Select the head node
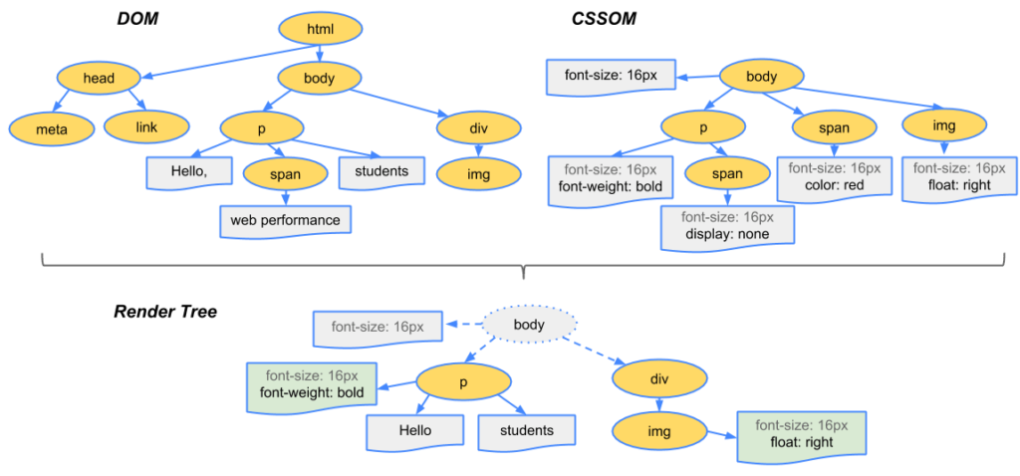[x=99, y=78]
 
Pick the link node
[x=146, y=126]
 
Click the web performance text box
[x=285, y=219]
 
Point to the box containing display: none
[x=726, y=226]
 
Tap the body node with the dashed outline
[x=529, y=325]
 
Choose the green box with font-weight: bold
[x=313, y=384]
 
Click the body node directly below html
[x=320, y=78]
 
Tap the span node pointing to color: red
[x=835, y=127]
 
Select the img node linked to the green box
[x=658, y=431]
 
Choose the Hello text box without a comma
[x=415, y=431]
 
